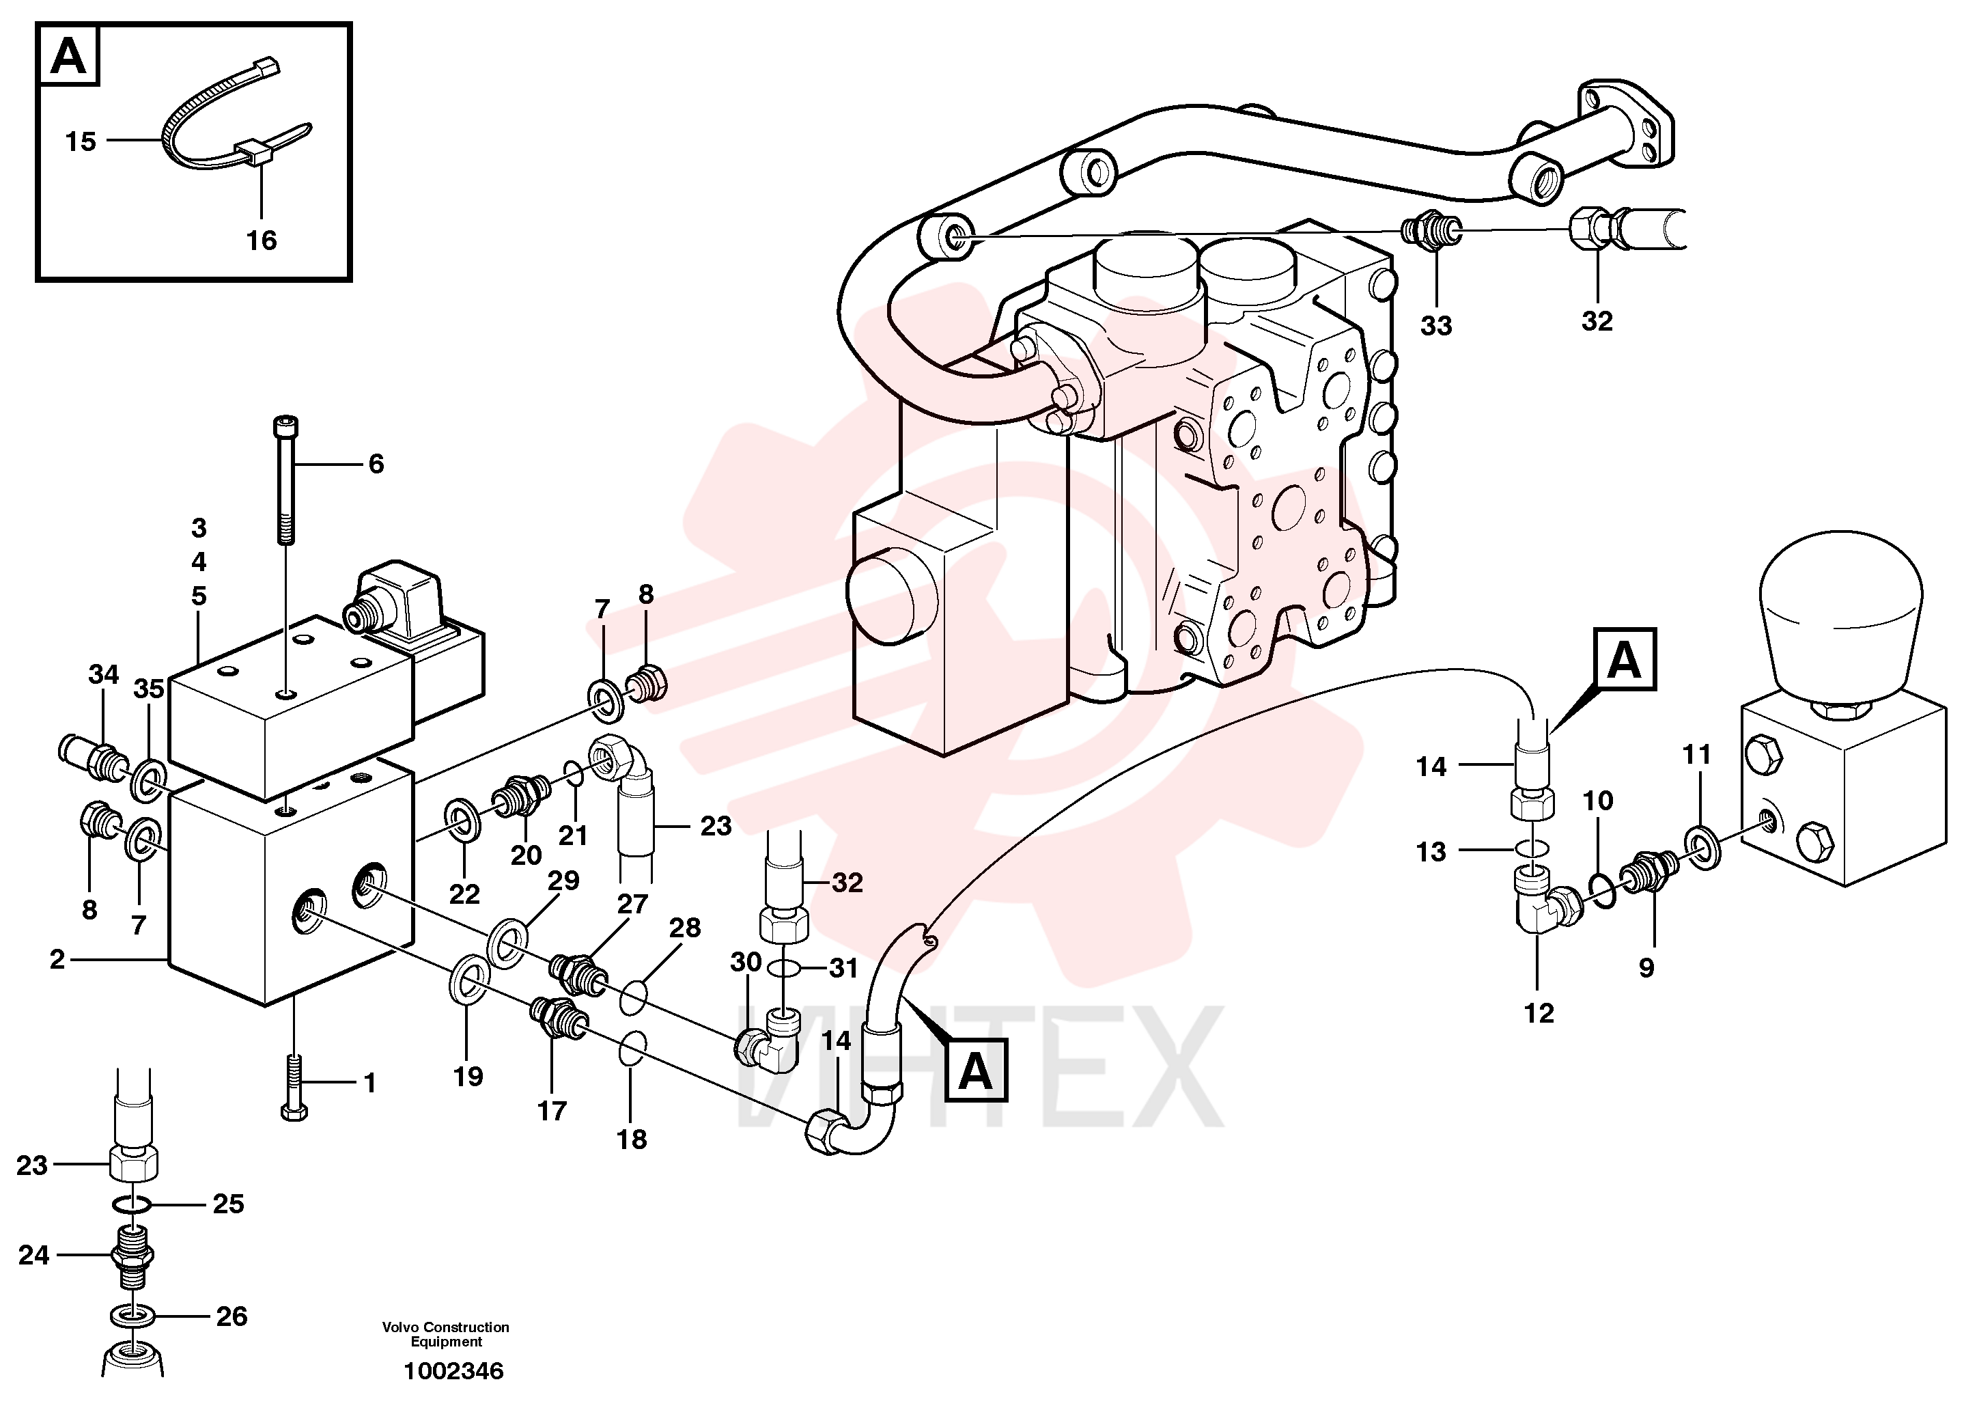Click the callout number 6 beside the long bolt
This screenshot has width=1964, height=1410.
click(x=376, y=465)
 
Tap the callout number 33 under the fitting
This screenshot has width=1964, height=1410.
click(x=1435, y=327)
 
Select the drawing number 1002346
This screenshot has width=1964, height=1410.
click(x=453, y=1371)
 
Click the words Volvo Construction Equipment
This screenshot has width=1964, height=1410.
click(x=446, y=1333)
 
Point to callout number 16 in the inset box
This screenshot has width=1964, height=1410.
click(x=262, y=240)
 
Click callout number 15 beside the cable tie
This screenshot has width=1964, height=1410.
click(x=81, y=141)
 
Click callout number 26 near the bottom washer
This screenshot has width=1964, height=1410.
click(x=232, y=1316)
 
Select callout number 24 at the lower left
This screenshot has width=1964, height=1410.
click(x=33, y=1255)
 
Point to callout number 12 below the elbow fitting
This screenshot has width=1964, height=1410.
click(x=1539, y=1013)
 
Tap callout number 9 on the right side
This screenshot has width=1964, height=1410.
click(x=1646, y=967)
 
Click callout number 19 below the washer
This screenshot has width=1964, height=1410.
click(x=468, y=1077)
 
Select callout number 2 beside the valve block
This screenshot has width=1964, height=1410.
click(x=57, y=960)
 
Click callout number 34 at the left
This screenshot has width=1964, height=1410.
click(x=103, y=674)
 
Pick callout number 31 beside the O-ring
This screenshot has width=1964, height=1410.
click(x=843, y=967)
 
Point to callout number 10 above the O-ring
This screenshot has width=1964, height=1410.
click(x=1598, y=801)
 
